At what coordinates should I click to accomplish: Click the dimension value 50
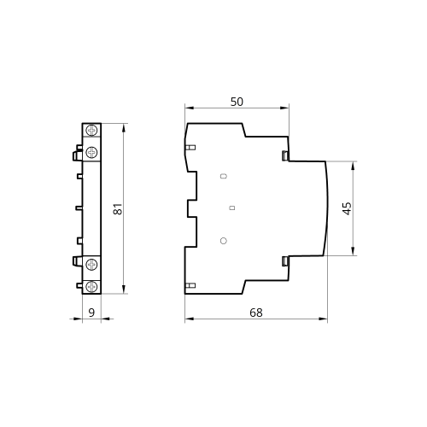pos(237,102)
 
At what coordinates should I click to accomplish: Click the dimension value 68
pos(256,313)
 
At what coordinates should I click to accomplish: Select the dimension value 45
pos(347,208)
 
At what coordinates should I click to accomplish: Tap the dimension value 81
pos(118,208)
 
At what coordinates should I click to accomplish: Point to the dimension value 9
pos(91,313)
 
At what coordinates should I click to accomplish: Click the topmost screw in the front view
pos(91,131)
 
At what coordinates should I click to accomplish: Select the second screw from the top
pos(91,152)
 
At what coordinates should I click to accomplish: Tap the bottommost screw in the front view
pos(91,286)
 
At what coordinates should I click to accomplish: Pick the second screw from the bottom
pos(91,265)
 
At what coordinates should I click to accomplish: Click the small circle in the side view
pos(224,241)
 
